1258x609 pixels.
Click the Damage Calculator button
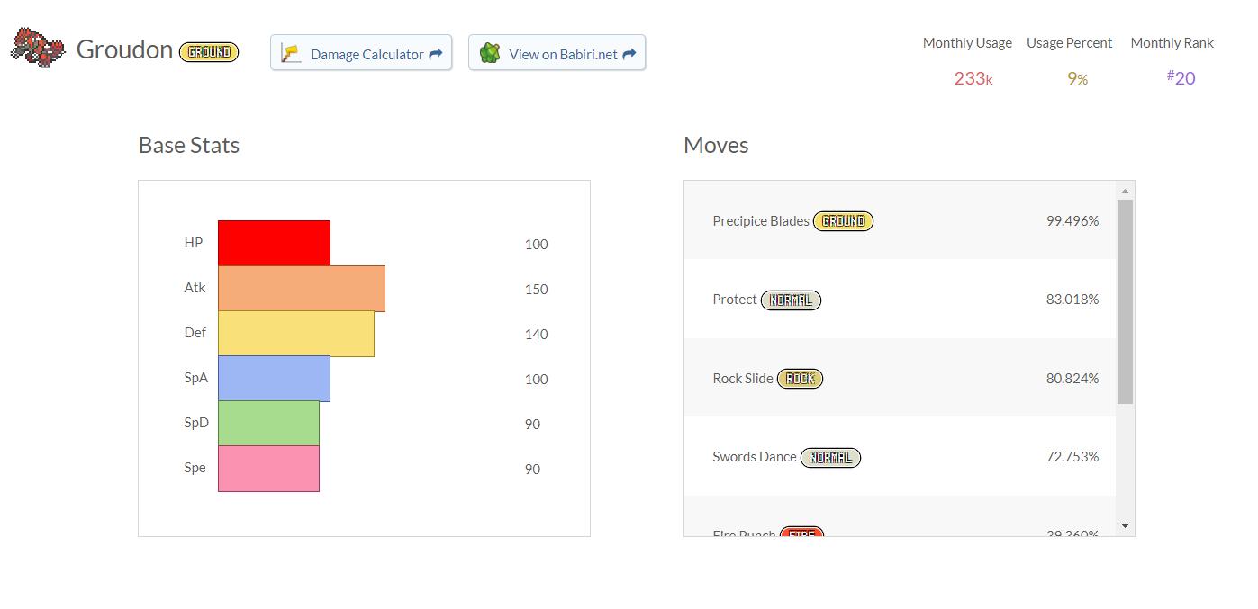[361, 53]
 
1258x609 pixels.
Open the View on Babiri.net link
[557, 53]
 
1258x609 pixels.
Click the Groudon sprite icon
[38, 48]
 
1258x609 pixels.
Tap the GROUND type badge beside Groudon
[209, 52]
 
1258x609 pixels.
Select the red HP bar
[274, 243]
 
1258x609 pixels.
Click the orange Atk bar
[301, 289]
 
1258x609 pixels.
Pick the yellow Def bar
[295, 334]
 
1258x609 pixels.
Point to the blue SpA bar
[274, 379]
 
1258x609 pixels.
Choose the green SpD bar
[268, 424]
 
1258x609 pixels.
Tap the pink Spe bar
[268, 469]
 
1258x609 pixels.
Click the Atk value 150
[536, 290]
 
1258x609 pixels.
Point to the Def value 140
[536, 335]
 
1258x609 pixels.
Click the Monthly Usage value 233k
[973, 78]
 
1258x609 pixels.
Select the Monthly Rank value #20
[1181, 78]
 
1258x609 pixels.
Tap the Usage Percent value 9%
[1077, 78]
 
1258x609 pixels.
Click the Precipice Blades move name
[760, 221]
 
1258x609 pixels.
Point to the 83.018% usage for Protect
[1072, 300]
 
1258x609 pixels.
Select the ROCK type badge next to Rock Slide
[800, 379]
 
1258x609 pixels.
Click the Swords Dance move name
[754, 457]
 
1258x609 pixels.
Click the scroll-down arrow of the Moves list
[1125, 525]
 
